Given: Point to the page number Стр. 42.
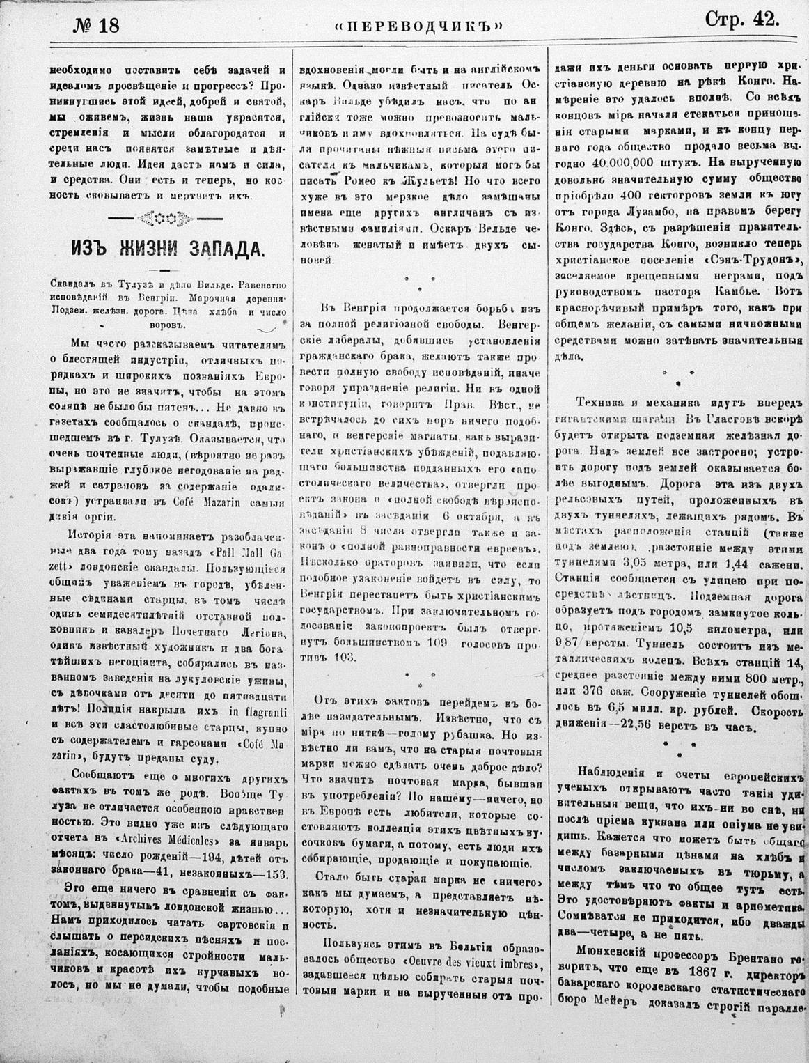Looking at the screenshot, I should coord(742,20).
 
